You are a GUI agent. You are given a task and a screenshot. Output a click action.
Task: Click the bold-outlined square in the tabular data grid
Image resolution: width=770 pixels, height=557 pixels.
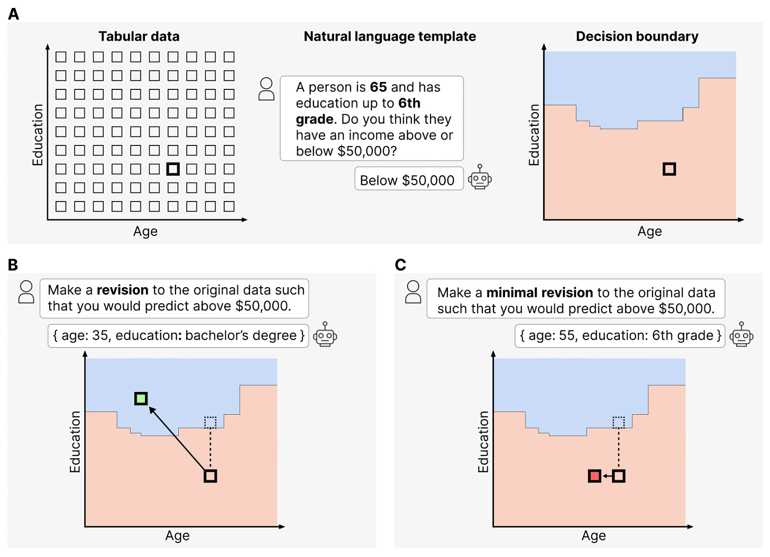(173, 169)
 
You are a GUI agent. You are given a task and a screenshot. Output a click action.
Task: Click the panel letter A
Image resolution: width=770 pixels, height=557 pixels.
(14, 14)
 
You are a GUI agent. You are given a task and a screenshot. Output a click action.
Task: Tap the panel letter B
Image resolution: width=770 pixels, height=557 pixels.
(13, 264)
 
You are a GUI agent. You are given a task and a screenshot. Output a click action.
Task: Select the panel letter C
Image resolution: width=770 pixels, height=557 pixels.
(400, 264)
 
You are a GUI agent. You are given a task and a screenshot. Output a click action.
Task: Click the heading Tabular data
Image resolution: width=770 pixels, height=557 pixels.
(139, 36)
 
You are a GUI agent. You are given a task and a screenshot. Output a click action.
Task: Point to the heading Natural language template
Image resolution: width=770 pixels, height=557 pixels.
(390, 36)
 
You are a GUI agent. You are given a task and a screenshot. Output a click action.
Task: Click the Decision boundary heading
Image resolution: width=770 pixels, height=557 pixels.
(637, 36)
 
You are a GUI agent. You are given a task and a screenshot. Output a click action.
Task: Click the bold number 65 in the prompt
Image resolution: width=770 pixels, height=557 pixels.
(378, 87)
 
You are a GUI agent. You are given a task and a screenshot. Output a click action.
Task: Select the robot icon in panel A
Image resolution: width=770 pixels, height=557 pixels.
(480, 178)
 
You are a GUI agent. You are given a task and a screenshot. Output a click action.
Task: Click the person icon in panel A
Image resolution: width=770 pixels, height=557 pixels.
(267, 89)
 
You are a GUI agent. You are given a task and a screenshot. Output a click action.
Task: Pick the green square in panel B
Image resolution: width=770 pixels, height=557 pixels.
(141, 398)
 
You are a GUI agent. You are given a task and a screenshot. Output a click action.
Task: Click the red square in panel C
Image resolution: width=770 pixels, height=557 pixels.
(594, 476)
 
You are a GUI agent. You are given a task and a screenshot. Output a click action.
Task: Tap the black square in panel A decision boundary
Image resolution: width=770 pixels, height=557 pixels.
(670, 169)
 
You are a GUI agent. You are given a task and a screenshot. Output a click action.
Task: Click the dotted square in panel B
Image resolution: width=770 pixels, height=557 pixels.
(210, 422)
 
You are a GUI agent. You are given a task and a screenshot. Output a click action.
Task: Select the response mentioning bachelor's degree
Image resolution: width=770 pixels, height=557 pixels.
(179, 335)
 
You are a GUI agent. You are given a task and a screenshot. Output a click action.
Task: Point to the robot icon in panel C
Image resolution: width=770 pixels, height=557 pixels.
(741, 335)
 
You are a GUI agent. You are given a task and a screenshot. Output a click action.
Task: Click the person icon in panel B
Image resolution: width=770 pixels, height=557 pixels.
(26, 291)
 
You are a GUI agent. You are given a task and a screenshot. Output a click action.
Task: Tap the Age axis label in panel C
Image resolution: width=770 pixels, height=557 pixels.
(593, 536)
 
